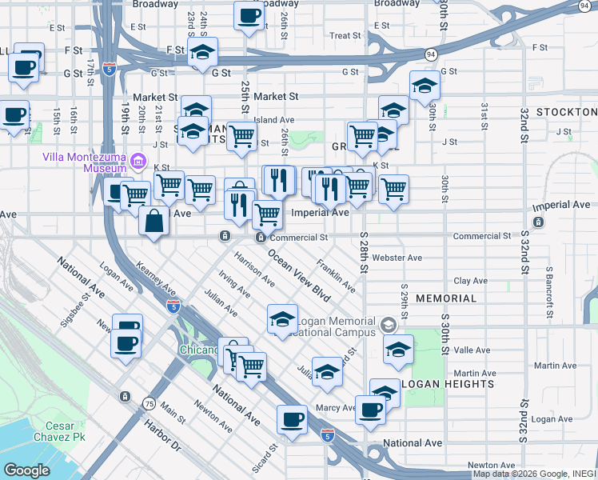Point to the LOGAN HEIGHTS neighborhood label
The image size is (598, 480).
447,384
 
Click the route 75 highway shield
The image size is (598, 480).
149,404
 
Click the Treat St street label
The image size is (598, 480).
345,36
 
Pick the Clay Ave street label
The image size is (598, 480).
471,281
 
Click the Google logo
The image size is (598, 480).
27,470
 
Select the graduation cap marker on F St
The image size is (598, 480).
203,53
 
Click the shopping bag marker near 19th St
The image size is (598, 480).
153,220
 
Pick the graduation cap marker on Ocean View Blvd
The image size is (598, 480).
281,319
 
